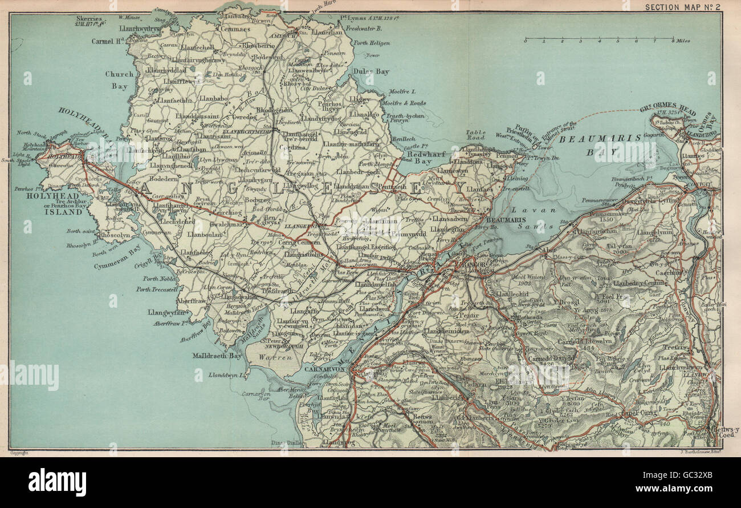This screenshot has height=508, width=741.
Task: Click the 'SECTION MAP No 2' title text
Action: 681,6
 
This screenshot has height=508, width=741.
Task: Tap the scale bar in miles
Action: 599,39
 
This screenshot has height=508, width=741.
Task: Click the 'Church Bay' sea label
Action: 119,80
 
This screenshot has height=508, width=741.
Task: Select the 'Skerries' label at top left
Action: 89,18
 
